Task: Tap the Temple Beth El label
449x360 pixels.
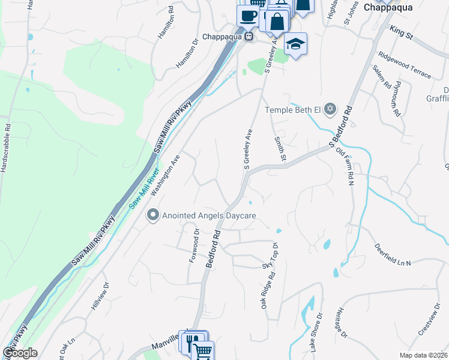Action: [294, 110]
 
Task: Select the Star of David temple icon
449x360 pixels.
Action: [329, 110]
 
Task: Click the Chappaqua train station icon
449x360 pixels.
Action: [247, 37]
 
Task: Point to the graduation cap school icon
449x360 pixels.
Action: [295, 44]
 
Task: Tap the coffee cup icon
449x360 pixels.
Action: [247, 16]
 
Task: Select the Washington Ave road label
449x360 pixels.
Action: [166, 176]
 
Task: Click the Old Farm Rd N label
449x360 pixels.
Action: [346, 165]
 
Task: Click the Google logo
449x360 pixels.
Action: [20, 353]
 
